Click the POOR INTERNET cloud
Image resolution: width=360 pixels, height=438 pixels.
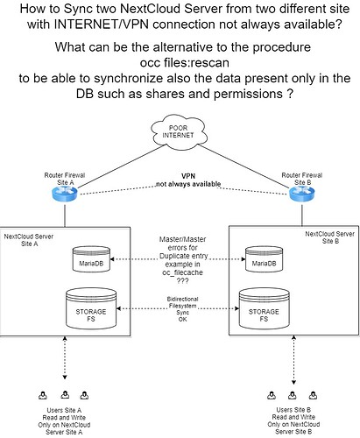(179, 131)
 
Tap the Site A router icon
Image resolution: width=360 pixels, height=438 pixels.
(65, 194)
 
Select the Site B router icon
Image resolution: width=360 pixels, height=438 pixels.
(302, 193)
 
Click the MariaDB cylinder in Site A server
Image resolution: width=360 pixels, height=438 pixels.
(91, 259)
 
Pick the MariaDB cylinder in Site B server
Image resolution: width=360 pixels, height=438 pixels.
(264, 259)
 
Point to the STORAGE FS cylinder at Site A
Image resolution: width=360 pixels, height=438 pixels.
(91, 308)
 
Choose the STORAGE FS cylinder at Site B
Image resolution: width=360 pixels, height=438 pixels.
(264, 308)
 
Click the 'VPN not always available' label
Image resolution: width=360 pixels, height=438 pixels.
(188, 180)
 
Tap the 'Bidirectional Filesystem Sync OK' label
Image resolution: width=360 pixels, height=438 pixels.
(183, 309)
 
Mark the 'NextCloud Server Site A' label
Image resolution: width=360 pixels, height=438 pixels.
(29, 240)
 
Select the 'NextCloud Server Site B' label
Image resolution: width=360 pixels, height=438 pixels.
(330, 237)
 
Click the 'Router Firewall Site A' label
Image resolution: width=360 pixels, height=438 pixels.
(65, 179)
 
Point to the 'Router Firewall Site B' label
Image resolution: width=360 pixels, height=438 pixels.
(302, 179)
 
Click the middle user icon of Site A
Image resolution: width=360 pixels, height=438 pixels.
(65, 395)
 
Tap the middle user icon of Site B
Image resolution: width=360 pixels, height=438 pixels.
(293, 395)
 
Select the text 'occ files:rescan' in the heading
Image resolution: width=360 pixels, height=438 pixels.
(184, 62)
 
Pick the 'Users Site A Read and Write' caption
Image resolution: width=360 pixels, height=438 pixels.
(64, 413)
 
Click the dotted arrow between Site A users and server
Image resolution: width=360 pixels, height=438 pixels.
(65, 357)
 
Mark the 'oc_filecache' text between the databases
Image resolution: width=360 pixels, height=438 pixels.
(182, 272)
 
